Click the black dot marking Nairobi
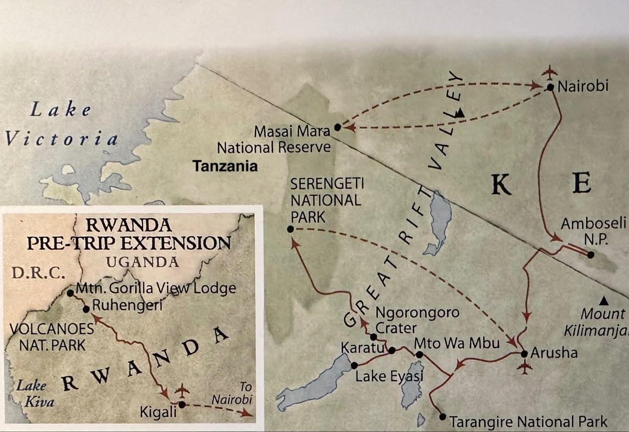coord(550,87)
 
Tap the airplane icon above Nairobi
coord(549,71)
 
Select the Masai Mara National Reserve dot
coord(337,127)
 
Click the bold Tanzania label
coord(225,166)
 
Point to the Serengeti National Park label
coord(327,200)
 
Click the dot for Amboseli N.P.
coord(591,255)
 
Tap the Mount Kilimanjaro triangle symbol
coord(604,301)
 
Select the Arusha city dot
coord(524,353)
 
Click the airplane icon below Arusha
coord(523,368)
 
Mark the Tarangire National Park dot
coord(443,417)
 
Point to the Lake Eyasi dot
coord(354,365)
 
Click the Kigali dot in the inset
coord(181,405)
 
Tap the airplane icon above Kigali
coord(181,391)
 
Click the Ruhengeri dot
coord(86,309)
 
